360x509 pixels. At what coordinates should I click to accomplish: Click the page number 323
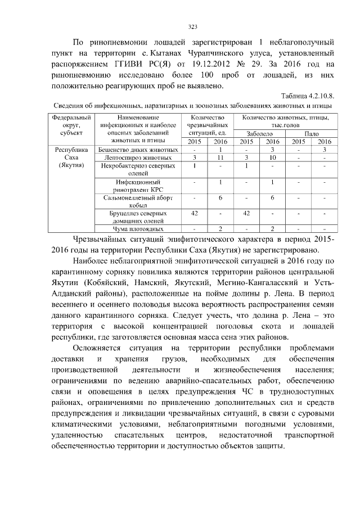(x=192, y=27)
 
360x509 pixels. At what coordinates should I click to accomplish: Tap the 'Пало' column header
(x=311, y=134)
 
